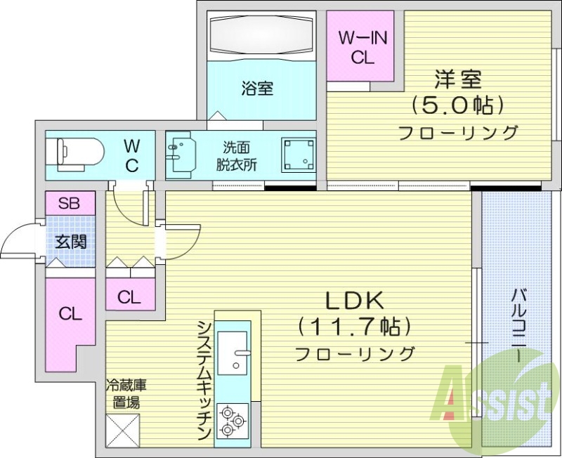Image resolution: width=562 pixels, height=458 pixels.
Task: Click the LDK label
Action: (x=353, y=300)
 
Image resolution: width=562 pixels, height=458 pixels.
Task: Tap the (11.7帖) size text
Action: (x=353, y=326)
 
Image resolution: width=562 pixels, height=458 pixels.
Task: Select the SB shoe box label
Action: (x=69, y=204)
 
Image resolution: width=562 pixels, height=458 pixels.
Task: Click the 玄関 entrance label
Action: (x=70, y=242)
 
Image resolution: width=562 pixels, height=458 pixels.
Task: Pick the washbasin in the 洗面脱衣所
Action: (x=181, y=153)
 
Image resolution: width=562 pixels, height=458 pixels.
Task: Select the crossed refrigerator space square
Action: (x=123, y=429)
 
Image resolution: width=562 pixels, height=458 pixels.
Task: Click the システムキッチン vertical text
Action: (x=203, y=380)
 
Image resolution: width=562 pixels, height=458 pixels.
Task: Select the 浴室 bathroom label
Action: (x=257, y=89)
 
